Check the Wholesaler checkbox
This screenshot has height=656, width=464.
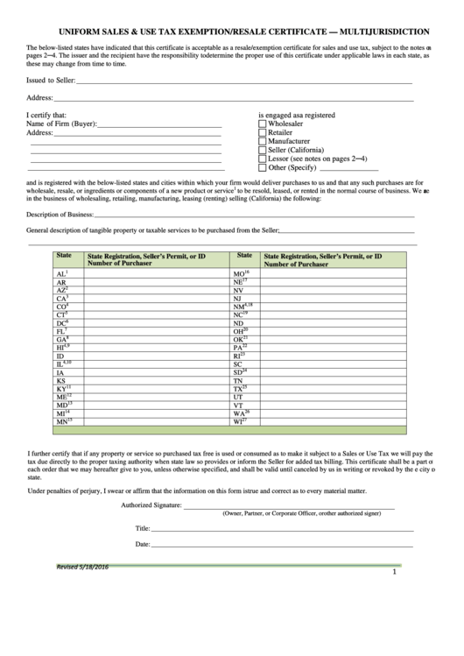(263, 124)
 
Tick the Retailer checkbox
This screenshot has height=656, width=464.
(263, 133)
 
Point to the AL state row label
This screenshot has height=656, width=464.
(61, 274)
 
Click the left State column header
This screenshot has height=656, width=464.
(64, 256)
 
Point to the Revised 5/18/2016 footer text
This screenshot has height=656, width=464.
(81, 569)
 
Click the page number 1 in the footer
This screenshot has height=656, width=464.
(395, 573)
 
